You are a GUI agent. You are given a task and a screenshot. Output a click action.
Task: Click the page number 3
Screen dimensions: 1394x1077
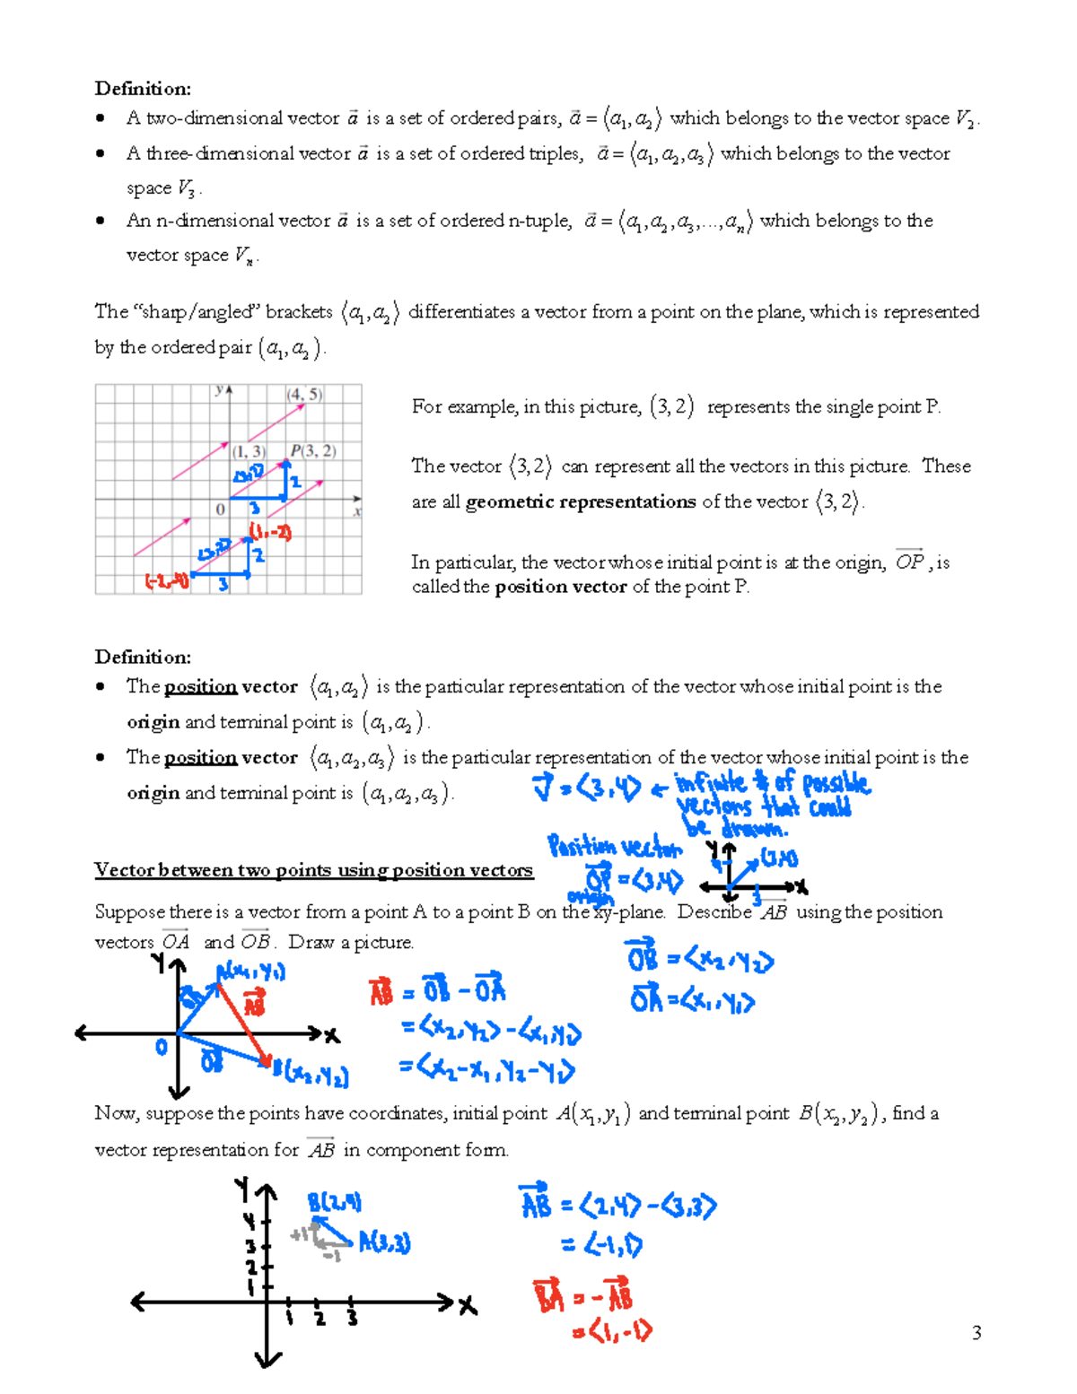976,1333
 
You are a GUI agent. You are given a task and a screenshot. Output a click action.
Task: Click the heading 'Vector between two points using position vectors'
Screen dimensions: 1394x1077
313,870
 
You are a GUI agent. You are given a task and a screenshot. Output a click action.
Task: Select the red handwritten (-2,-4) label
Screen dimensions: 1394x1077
167,581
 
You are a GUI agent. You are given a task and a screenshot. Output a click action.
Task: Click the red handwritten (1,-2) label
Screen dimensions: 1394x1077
271,532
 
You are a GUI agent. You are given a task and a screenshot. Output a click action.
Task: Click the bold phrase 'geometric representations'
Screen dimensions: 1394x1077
581,501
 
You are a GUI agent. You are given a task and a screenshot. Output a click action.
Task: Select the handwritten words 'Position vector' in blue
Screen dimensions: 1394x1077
615,847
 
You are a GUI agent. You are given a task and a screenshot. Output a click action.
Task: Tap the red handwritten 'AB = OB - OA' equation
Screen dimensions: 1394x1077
438,991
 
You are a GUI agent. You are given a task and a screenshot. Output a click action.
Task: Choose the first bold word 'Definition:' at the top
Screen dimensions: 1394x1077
143,88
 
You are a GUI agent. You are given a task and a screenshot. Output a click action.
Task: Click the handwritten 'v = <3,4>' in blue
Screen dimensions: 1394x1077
587,788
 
